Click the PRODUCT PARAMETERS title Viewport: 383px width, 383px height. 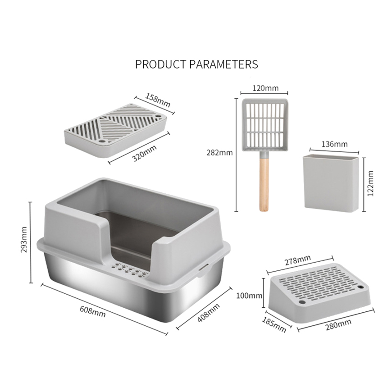point(196,64)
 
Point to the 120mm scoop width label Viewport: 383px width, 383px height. point(265,88)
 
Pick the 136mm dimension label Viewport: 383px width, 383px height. point(335,144)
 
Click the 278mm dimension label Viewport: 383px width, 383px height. point(298,260)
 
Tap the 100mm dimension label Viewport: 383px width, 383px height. point(249,296)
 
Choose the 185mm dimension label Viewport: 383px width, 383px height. point(274,324)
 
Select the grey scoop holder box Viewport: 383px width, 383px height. point(332,182)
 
